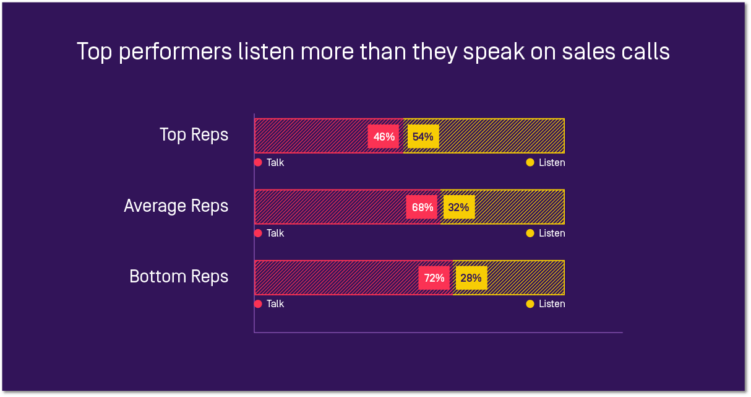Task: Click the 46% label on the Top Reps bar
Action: tap(384, 137)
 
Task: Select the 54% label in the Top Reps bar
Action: tap(423, 137)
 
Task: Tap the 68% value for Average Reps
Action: tap(422, 207)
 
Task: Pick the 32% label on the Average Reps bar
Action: tap(459, 207)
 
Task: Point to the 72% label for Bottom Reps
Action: tap(434, 278)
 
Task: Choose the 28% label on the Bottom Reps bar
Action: tap(471, 278)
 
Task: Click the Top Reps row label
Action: tap(194, 135)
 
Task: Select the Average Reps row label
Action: tap(176, 206)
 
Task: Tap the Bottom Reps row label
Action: tap(179, 276)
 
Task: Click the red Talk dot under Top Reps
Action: tap(258, 162)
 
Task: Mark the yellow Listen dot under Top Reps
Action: tap(530, 162)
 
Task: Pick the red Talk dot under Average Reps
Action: tap(258, 233)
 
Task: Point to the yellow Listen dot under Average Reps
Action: tap(530, 233)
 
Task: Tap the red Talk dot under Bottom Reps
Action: tap(258, 304)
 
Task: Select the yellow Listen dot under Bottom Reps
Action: tap(530, 304)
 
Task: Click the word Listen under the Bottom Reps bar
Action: tap(552, 304)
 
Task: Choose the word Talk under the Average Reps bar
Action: tap(275, 233)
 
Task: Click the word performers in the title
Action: tap(175, 53)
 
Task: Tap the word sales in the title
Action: tap(589, 51)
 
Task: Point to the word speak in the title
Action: tap(494, 53)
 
